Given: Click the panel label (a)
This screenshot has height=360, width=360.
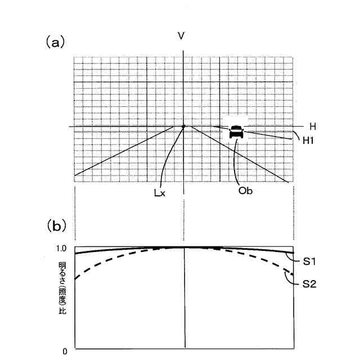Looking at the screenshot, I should click(56, 42).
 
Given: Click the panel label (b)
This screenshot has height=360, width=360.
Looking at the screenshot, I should click(56, 226).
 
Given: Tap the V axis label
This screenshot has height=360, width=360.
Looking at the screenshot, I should click(181, 36).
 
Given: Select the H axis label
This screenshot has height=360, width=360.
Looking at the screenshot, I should click(313, 127).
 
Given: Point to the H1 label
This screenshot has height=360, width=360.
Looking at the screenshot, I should click(307, 141).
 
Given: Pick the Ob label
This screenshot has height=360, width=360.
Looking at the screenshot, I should click(245, 190).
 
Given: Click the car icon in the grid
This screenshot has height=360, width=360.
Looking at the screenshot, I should click(237, 131).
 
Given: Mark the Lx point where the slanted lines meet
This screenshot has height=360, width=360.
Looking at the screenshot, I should click(184, 126).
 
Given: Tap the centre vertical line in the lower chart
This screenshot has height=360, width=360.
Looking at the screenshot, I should click(185, 304).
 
